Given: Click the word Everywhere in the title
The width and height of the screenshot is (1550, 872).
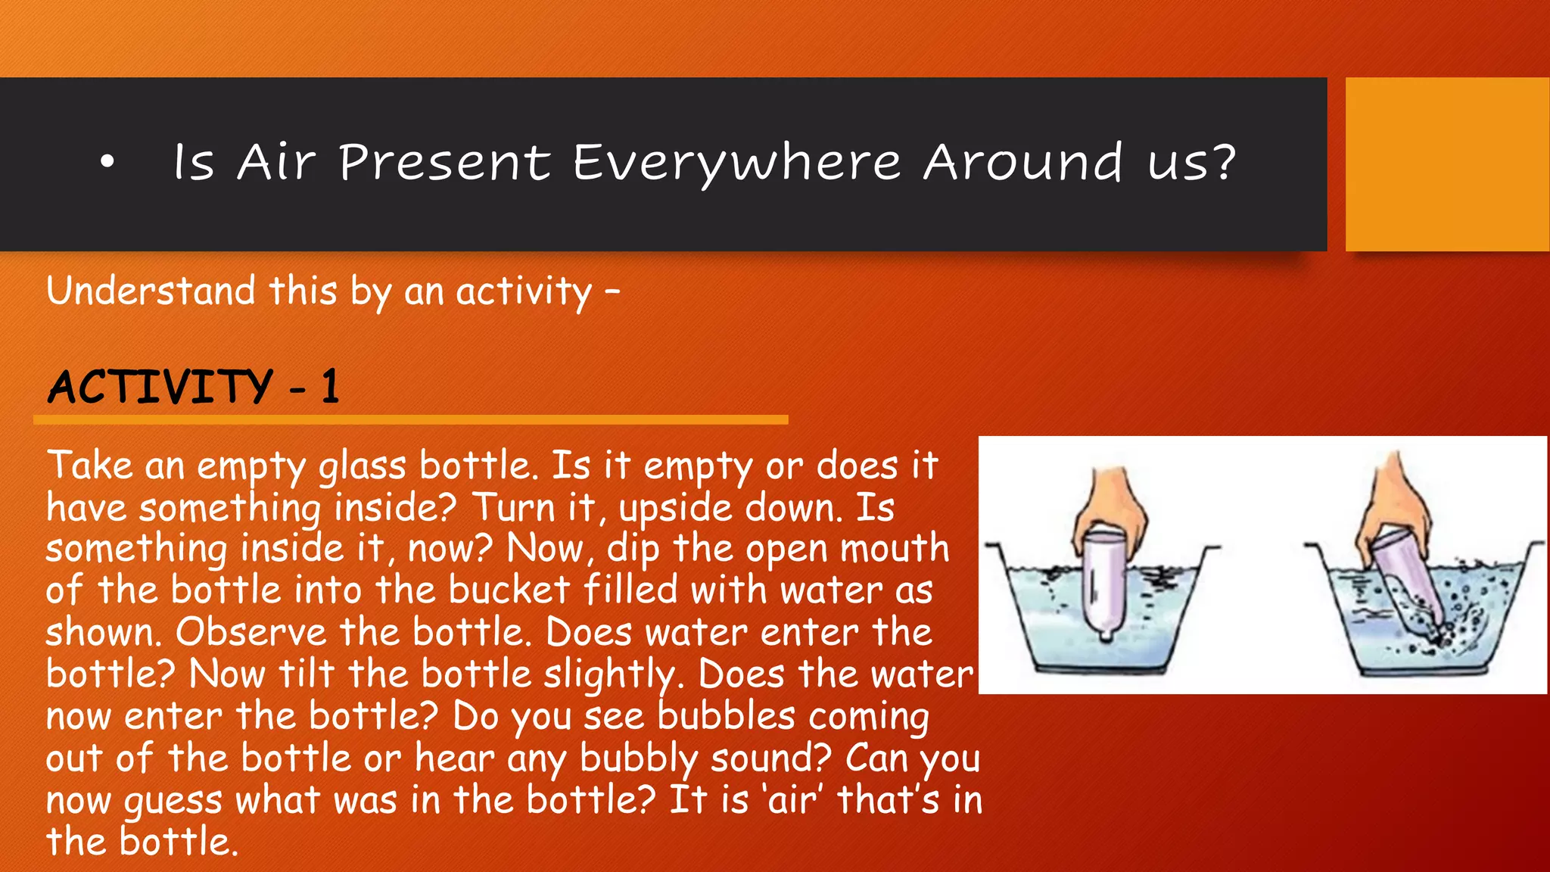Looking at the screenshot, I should point(736,163).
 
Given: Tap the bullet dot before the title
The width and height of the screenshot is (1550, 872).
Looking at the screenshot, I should point(107,161).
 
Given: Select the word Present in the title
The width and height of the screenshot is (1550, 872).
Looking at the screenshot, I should point(445,163).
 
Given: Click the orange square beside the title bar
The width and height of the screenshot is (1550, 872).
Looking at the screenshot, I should point(1446,164).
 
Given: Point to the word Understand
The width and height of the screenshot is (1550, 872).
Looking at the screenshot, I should point(151,291).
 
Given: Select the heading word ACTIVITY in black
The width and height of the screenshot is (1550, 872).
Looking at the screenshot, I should point(160,387).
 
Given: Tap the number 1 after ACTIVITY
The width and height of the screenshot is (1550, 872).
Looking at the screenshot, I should point(329,387).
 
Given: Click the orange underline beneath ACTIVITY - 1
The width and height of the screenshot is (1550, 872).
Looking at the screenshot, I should point(410,419).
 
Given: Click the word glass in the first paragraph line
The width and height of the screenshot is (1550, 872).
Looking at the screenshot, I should point(362,466).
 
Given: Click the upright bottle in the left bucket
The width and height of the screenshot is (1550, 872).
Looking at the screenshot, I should point(1103,583).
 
